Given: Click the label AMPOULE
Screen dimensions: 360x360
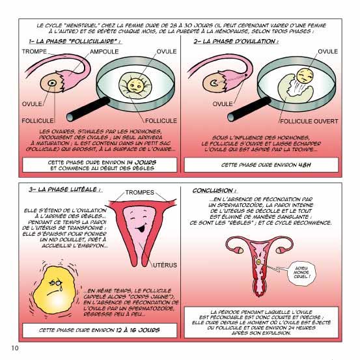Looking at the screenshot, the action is [x=104, y=51].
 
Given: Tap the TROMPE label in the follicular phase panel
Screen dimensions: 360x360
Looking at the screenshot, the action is [x=35, y=51].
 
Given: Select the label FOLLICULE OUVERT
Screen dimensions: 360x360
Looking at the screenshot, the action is [x=309, y=121].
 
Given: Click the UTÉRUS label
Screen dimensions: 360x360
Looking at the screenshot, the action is [x=165, y=265].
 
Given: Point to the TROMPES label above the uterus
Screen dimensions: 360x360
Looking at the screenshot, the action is [x=139, y=193].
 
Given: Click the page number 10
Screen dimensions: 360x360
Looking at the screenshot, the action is [x=15, y=348].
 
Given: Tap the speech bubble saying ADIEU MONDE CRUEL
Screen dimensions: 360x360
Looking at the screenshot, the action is [x=301, y=273].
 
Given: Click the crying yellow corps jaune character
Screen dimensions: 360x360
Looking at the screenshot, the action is [x=55, y=289].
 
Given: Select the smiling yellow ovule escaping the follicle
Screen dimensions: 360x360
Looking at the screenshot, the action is [x=305, y=76].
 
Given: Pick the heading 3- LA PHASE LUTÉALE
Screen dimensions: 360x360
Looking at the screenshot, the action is [x=64, y=189].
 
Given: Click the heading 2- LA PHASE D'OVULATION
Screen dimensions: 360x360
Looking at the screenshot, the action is [x=236, y=41].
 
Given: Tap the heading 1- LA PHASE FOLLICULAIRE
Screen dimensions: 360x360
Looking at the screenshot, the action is [x=74, y=41].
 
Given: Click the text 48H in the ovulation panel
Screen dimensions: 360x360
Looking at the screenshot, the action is [x=305, y=165].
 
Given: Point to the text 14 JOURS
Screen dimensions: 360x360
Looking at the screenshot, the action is [x=142, y=162].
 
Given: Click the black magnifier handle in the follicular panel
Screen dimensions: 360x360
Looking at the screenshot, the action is [x=88, y=109].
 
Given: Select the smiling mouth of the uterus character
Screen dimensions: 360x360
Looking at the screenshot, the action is [x=140, y=228].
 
